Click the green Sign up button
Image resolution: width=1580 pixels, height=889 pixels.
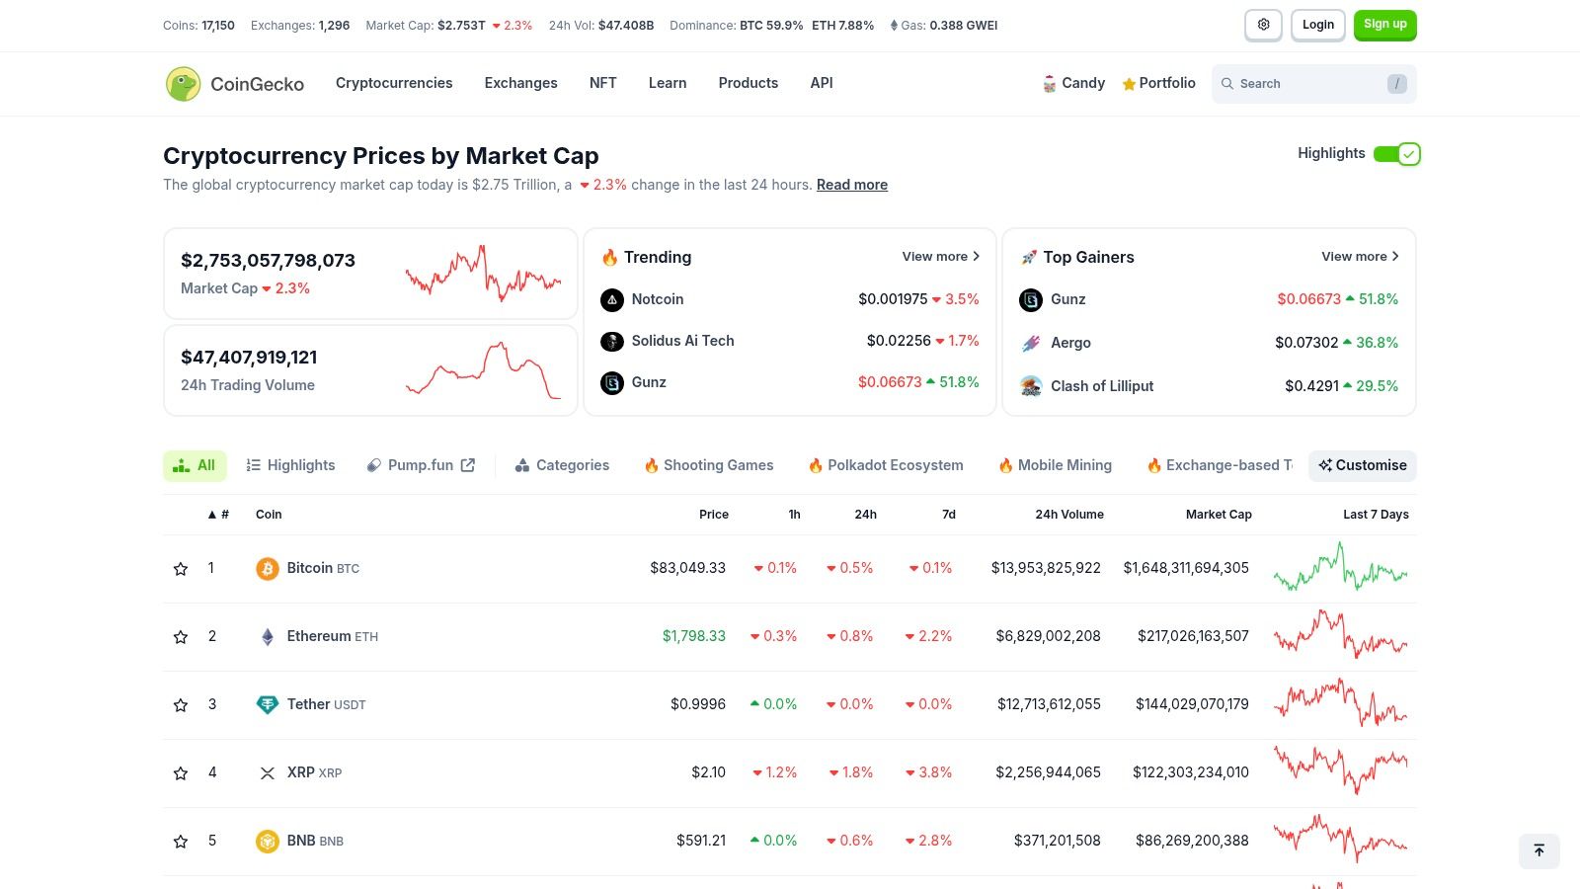tap(1384, 25)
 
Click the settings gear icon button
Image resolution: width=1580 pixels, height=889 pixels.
tap(1263, 25)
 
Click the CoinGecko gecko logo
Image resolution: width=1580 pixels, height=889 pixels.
tap(184, 84)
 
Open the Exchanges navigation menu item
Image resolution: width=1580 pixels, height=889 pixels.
tap(520, 83)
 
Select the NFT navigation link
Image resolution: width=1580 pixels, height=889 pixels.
tap(602, 83)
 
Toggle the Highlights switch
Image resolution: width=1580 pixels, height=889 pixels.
tap(1396, 154)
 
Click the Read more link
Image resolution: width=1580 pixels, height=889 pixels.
tap(851, 185)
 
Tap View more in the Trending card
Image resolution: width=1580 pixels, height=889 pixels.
tap(940, 257)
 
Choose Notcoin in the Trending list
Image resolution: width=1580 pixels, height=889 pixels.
tap(657, 299)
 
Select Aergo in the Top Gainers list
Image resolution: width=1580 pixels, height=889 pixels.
tap(1070, 343)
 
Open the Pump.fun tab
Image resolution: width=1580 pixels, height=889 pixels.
tap(421, 465)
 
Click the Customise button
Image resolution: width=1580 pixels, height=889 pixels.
tap(1362, 465)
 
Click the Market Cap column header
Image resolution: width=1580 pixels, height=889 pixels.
tap(1218, 515)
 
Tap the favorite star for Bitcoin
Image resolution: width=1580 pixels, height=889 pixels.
tap(181, 569)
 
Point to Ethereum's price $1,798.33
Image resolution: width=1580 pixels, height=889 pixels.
tap(693, 636)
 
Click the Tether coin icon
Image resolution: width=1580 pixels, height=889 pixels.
tap(267, 704)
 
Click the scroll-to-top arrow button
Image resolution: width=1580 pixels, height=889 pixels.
tap(1539, 850)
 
